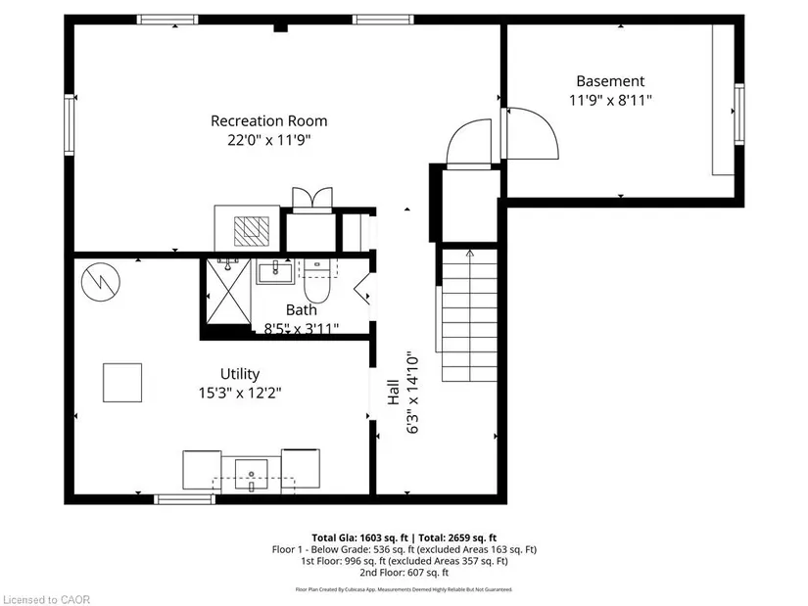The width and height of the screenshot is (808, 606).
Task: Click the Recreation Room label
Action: tap(268, 121)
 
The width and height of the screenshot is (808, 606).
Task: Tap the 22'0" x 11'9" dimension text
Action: tap(268, 140)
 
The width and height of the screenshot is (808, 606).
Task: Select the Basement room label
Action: tap(610, 81)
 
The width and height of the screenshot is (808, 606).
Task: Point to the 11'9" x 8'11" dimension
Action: tap(610, 100)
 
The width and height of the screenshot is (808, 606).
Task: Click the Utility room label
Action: tap(239, 374)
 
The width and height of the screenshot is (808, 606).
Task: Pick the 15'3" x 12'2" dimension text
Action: tap(239, 393)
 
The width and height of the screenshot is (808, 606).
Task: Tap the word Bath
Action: tap(302, 310)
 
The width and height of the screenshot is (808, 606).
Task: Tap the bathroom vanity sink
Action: tap(273, 270)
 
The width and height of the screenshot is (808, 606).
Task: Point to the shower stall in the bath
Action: tap(228, 292)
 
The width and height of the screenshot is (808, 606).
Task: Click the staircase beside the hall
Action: tap(468, 315)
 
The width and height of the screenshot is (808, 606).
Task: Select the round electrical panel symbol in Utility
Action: tap(99, 282)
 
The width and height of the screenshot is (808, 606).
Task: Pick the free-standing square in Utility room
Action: tap(123, 382)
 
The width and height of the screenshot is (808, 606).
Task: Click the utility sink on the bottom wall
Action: tap(253, 475)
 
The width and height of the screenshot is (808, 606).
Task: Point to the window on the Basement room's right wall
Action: tap(739, 115)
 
